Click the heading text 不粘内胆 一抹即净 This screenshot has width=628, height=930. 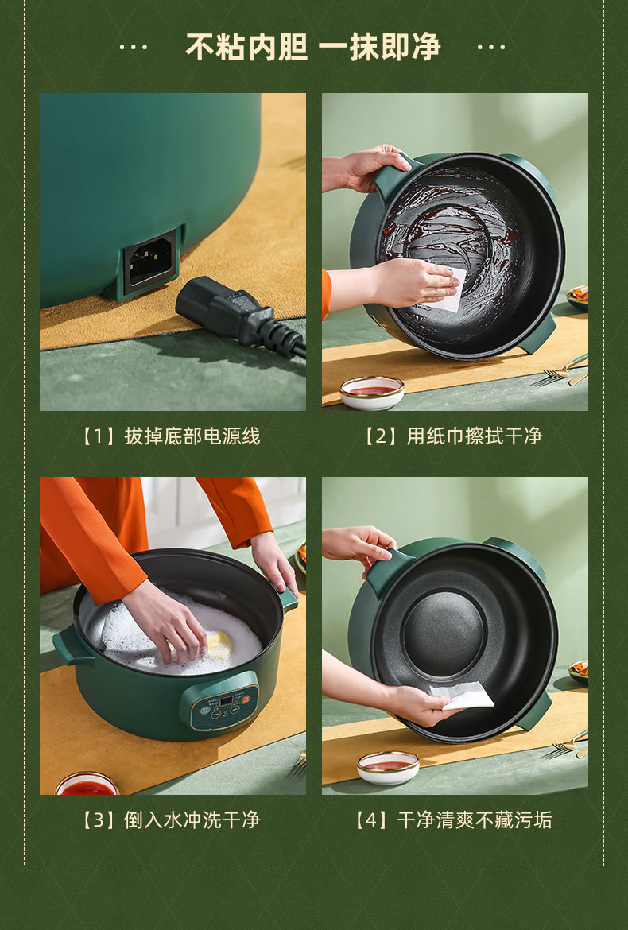pyautogui.click(x=313, y=47)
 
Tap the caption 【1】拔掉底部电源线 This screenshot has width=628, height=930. pyautogui.click(x=171, y=436)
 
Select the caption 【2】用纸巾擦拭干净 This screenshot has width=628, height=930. pyautogui.click(x=453, y=436)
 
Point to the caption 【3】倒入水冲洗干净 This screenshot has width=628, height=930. pyautogui.click(x=171, y=820)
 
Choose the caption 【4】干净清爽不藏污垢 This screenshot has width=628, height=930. pyautogui.click(x=453, y=820)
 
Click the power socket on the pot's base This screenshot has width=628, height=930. pyautogui.click(x=151, y=262)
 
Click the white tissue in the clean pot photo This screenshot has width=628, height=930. pyautogui.click(x=460, y=696)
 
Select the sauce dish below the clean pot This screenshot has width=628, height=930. pyautogui.click(x=388, y=767)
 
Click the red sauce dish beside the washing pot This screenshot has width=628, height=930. pyautogui.click(x=87, y=784)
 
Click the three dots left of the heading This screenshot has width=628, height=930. pyautogui.click(x=133, y=48)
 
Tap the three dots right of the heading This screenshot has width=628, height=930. pyautogui.click(x=491, y=48)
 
